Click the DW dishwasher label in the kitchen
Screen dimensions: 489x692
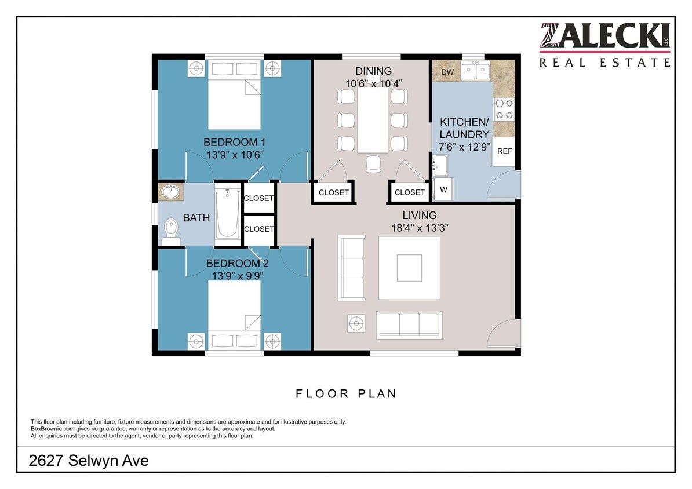pos(447,72)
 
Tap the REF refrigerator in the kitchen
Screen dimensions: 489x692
pos(504,151)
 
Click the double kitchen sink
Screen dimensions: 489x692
pos(476,71)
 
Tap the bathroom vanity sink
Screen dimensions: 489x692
pos(170,192)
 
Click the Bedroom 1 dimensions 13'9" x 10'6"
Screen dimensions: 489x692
pos(235,155)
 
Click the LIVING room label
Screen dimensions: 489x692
pos(420,216)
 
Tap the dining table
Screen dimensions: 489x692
pos(371,121)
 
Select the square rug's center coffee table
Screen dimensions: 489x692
pos(409,268)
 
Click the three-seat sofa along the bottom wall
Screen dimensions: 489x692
pos(409,324)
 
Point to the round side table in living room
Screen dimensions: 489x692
pos(356,323)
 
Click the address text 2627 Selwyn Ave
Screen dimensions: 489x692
pos(89,461)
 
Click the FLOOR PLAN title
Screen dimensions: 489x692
pos(346,394)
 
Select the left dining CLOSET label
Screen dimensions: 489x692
pos(334,192)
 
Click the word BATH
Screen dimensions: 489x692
pos(196,218)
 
